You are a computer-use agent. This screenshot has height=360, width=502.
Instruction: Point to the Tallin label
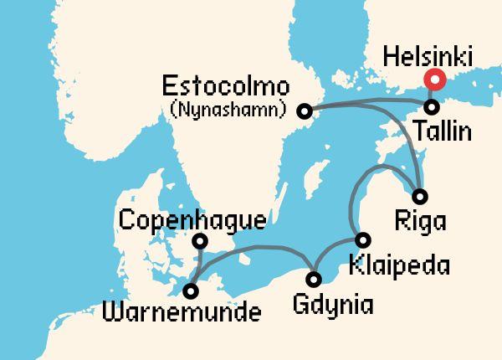coord(442,132)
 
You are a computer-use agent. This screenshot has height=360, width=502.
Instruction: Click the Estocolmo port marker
coord(305,111)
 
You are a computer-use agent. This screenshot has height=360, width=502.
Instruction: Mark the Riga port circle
coord(420,197)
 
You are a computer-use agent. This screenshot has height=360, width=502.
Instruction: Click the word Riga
coord(418,223)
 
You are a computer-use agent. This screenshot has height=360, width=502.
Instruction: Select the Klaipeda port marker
coord(361,238)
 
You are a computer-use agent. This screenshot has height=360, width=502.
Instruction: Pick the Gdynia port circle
coord(314,279)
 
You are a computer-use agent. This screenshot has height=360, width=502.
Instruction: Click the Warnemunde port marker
coord(192,291)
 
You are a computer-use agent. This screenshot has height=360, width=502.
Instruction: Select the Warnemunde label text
coord(180,314)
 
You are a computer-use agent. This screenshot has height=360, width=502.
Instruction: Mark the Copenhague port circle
coord(200,242)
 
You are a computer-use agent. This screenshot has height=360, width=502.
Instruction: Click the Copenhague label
coord(193,221)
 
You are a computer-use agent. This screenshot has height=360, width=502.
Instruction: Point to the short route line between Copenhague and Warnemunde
coord(196,266)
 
